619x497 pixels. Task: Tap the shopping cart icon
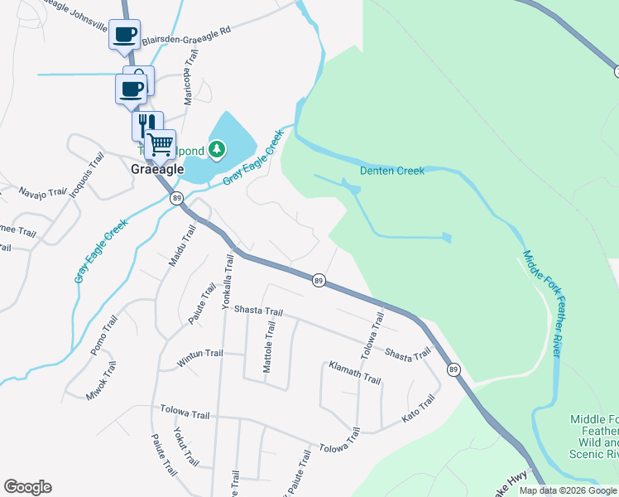pos(161,144)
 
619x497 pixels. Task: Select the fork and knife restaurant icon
pos(146,125)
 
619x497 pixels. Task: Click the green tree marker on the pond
pos(217,149)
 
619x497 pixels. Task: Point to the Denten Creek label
pos(391,171)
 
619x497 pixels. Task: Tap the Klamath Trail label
pos(354,372)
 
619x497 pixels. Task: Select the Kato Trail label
pos(418,408)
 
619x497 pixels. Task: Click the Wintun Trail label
pos(200,358)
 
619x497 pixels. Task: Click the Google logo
pos(27,487)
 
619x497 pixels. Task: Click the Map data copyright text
pos(569,490)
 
